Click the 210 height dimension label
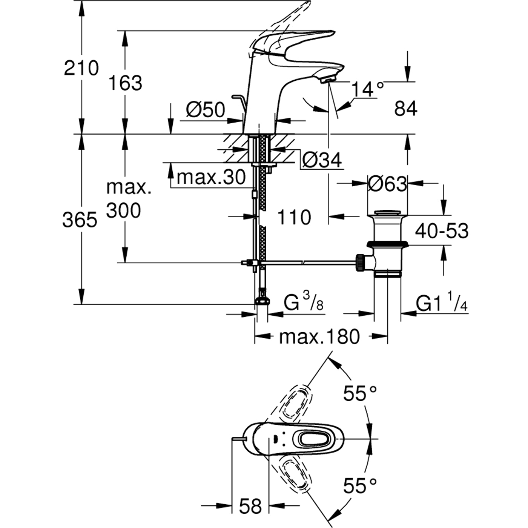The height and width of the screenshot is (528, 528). (x=81, y=68)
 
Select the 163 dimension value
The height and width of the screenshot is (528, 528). (x=125, y=83)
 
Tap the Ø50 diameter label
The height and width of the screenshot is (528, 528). (x=206, y=110)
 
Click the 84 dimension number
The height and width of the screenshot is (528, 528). (x=406, y=109)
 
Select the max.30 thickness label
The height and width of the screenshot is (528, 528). (x=211, y=177)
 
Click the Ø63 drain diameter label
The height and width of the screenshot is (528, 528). (x=387, y=184)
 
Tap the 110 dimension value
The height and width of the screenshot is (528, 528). (x=294, y=217)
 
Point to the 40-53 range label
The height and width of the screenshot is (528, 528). (x=442, y=231)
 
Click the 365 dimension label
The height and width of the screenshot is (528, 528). (x=80, y=220)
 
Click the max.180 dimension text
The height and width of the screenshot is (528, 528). (x=319, y=337)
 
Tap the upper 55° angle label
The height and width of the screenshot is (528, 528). (x=360, y=394)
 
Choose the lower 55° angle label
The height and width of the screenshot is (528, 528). (x=360, y=485)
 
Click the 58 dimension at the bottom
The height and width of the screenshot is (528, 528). (x=250, y=507)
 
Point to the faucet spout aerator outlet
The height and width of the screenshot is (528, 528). (x=327, y=79)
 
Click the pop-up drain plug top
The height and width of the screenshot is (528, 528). (x=388, y=213)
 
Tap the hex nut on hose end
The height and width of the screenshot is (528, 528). (x=262, y=300)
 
